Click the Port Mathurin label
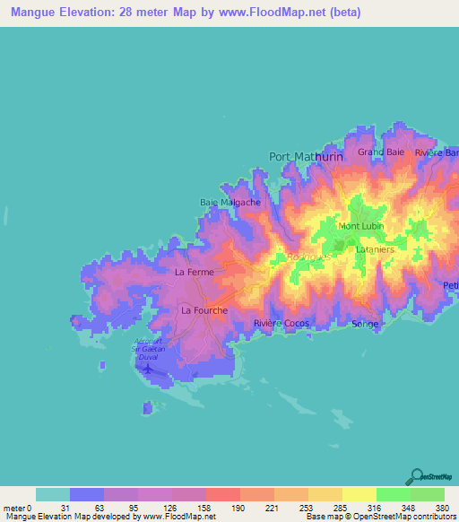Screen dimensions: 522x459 coord(306,156)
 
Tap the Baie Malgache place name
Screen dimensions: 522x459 coord(229,203)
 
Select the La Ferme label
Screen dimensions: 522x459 coord(193,271)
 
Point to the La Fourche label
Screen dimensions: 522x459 coord(204,310)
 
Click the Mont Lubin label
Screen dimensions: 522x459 coord(356,226)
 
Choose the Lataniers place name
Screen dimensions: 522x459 coord(374,248)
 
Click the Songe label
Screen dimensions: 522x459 coord(365,324)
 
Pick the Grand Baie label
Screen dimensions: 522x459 coord(382,152)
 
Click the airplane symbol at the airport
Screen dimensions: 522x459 coord(147,366)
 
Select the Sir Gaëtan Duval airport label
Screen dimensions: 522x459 coord(150,348)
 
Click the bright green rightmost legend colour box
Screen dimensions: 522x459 coord(428,494)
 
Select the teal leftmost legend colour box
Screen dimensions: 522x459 coord(53,494)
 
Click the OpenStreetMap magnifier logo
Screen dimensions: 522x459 coord(417,475)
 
